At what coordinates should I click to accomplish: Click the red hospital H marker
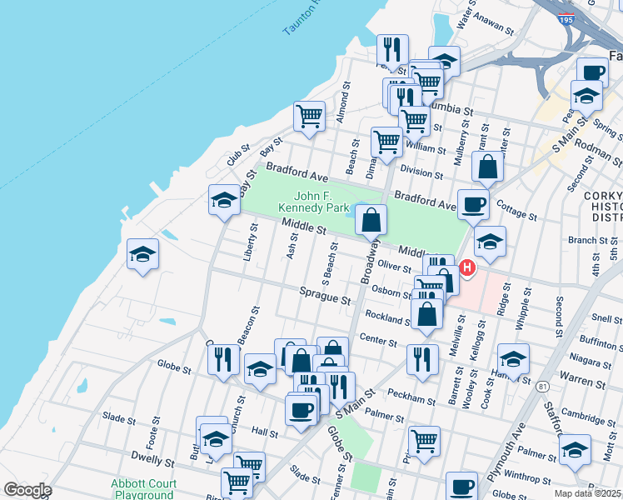click(467, 268)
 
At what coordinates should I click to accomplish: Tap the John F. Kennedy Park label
click(310, 200)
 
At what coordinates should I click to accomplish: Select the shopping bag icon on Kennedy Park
click(371, 221)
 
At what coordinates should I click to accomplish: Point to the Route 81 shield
click(543, 387)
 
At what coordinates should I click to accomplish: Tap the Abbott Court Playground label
click(144, 489)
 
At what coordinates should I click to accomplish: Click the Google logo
click(27, 489)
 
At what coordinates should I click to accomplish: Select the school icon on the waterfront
click(142, 255)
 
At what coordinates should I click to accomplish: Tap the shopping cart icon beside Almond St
click(309, 117)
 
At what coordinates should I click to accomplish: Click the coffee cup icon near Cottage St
click(473, 205)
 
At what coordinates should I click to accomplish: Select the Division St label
click(421, 172)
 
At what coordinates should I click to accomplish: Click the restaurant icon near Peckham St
click(422, 359)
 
